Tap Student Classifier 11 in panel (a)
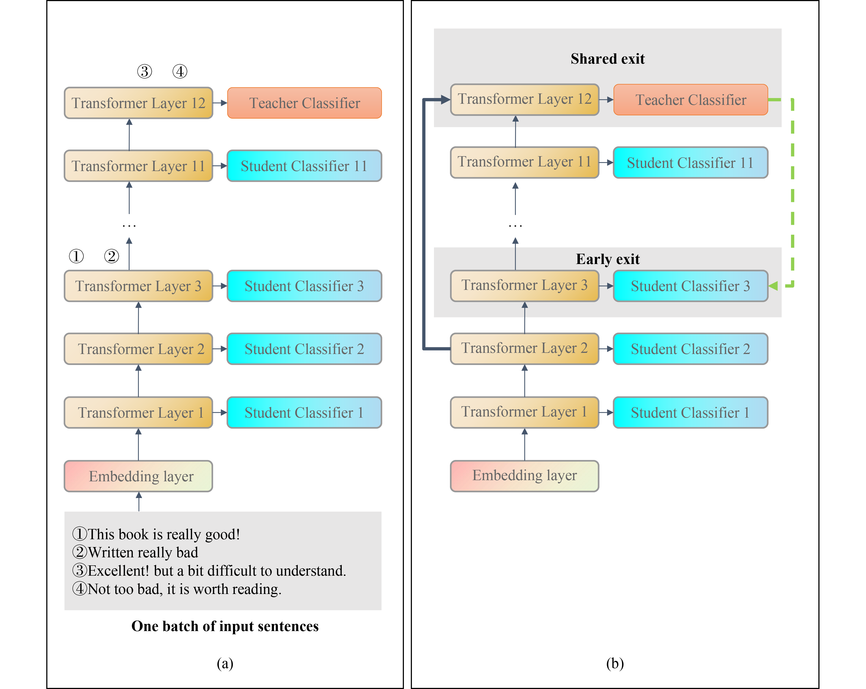coord(304,166)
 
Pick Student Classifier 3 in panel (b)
coord(691,286)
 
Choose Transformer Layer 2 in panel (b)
coord(525,349)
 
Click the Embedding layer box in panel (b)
coord(525,476)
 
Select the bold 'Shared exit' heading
coord(607,59)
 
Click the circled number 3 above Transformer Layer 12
coord(145,71)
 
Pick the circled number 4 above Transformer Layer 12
coord(180,71)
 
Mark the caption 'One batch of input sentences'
coord(225,626)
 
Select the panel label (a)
coord(225,663)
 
